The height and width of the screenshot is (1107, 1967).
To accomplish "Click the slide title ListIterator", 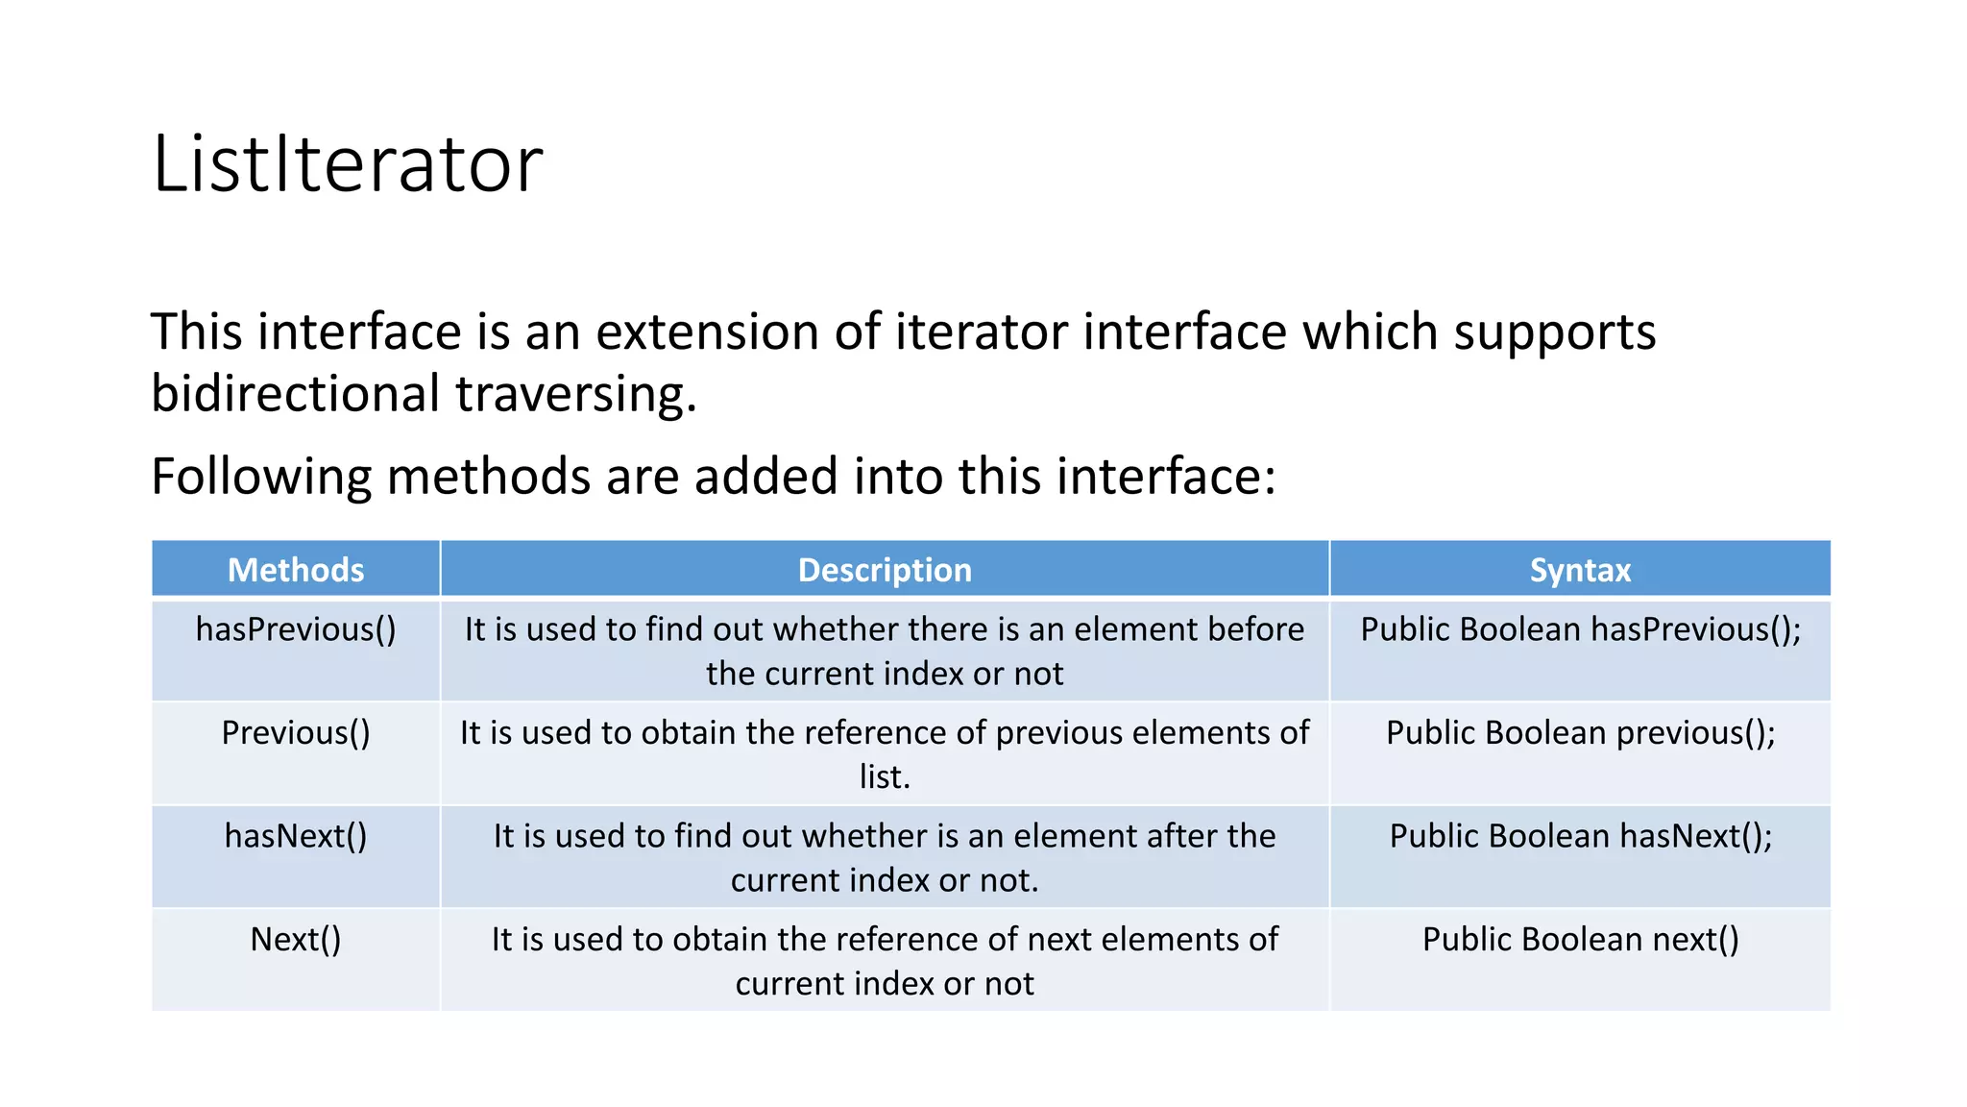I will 348,164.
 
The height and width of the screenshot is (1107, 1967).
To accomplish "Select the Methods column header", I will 296,570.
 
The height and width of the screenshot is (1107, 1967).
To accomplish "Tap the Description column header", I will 885,570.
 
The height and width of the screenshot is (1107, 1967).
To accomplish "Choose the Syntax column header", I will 1580,570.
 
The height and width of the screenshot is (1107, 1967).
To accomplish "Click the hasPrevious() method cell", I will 296,629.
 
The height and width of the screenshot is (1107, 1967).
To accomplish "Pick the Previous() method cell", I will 296,733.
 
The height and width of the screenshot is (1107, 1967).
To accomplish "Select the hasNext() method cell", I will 296,836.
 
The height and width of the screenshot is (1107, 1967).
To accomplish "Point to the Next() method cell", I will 296,939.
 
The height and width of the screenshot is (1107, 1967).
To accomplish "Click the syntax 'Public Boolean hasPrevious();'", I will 1580,629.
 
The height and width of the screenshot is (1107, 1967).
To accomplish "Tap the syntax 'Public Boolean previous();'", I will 1580,733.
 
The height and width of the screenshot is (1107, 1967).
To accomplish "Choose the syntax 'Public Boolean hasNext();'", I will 1580,836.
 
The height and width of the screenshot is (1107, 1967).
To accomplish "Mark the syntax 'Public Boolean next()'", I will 1580,939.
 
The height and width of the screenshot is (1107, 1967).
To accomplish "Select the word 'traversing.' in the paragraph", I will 575,394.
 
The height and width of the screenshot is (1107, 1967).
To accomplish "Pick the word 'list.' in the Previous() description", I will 885,776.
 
